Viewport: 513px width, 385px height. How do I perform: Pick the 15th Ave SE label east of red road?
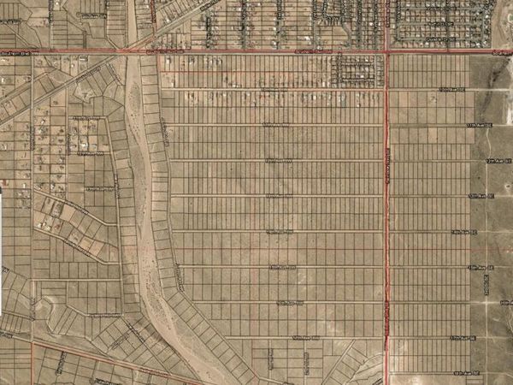pos(480,268)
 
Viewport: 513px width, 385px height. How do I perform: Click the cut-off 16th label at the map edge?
pos(506,303)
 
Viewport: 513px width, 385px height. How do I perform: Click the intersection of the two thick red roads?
pos(387,52)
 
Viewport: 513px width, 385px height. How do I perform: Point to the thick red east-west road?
pos(256,51)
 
